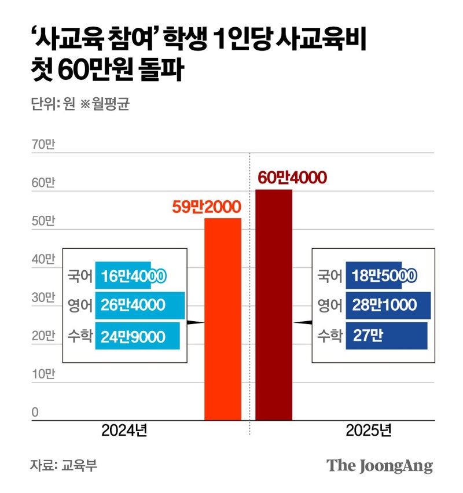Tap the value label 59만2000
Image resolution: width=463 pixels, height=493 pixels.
(206, 207)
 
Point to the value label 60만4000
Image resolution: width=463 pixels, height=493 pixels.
(292, 178)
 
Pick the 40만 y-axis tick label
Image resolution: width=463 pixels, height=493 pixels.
(42, 259)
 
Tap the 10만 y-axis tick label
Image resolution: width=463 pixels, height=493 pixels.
(42, 374)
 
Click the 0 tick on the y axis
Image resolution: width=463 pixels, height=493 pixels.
(35, 412)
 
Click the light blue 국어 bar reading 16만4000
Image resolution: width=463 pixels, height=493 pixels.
(130, 275)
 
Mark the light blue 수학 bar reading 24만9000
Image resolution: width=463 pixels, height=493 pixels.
(137, 336)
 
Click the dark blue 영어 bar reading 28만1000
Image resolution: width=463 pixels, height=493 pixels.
(388, 305)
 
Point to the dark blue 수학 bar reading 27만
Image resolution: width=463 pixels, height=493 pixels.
(386, 336)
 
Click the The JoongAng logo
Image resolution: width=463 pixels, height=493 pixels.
(379, 465)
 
